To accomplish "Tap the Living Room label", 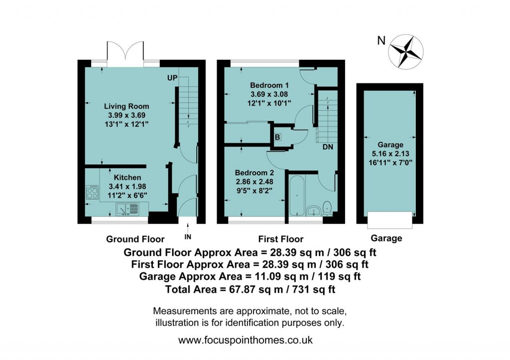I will (x=126, y=106).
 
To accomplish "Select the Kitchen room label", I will (x=127, y=177).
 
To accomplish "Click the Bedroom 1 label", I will (x=269, y=84).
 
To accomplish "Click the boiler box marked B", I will (x=278, y=136).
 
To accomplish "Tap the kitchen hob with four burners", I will (x=92, y=192).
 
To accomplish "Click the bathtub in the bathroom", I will (x=296, y=196).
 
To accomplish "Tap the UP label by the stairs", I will (x=172, y=79).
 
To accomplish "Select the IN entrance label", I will (x=187, y=236).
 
